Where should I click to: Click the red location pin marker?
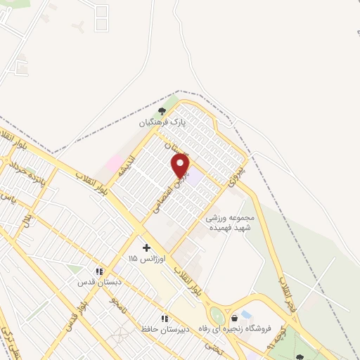(181, 166)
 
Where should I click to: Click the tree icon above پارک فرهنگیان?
(162, 110)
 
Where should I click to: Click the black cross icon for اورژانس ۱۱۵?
(146, 247)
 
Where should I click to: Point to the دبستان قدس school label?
(100, 282)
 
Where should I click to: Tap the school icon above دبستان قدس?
(100, 271)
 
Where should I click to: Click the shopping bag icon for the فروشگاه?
(234, 319)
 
